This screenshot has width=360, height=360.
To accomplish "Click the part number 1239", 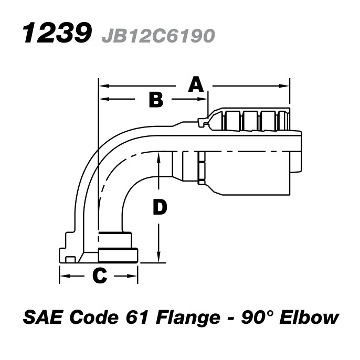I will click(55, 34).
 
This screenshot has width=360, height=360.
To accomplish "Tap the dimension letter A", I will click(196, 84).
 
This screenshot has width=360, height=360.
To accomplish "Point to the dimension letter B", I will click(156, 99).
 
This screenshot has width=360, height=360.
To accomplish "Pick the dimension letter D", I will click(160, 208).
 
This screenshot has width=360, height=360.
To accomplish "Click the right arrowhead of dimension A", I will click(287, 85).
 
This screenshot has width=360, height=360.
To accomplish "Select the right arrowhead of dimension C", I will click(134, 275).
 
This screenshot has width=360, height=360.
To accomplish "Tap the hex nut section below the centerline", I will click(202, 168).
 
